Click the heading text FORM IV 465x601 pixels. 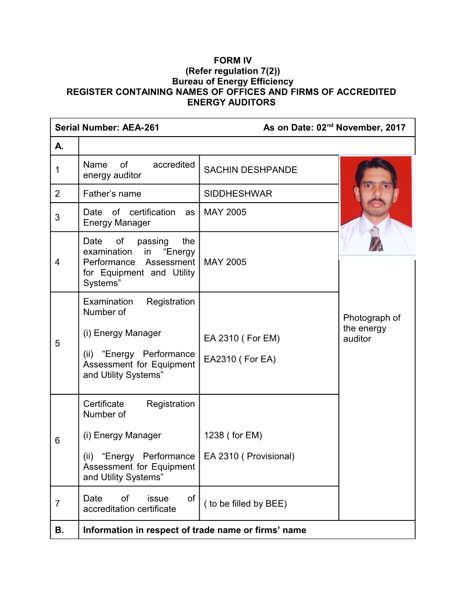click(x=232, y=61)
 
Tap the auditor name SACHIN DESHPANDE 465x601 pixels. click(x=250, y=170)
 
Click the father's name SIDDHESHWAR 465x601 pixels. click(x=238, y=194)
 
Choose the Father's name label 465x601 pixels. click(x=112, y=194)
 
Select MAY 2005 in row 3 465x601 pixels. click(x=225, y=212)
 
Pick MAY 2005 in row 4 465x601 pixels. click(x=225, y=262)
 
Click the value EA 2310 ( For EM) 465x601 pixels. click(x=242, y=338)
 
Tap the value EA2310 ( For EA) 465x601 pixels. click(x=240, y=359)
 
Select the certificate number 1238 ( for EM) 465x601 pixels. click(x=233, y=435)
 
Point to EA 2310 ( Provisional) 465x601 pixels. click(x=249, y=456)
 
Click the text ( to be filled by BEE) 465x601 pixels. click(x=245, y=504)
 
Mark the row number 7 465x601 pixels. click(x=57, y=504)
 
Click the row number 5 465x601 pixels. click(x=57, y=343)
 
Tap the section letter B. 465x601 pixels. click(x=59, y=530)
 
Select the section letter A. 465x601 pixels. click(x=59, y=146)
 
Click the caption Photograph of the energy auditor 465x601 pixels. click(x=372, y=328)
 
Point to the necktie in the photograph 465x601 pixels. click(x=376, y=239)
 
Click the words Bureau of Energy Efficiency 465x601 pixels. click(x=232, y=81)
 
